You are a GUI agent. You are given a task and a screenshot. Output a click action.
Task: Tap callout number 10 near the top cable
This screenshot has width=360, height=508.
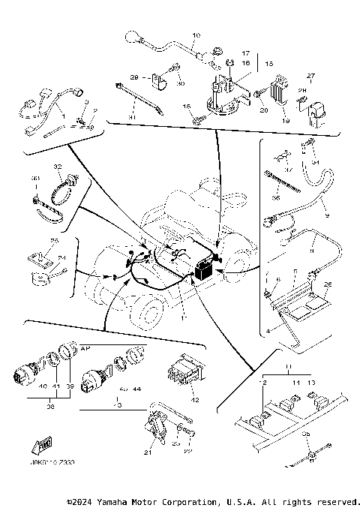click(x=196, y=36)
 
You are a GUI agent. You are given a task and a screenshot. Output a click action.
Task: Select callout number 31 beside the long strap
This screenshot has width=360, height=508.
click(x=131, y=116)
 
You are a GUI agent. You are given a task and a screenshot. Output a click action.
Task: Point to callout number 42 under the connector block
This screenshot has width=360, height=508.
click(x=196, y=400)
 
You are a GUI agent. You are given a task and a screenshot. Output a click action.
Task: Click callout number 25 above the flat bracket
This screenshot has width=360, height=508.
click(x=53, y=241)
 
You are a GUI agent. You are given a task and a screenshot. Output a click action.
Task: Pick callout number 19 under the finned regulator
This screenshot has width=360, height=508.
click(x=286, y=119)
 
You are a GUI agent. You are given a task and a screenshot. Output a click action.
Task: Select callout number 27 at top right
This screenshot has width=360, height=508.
click(x=311, y=75)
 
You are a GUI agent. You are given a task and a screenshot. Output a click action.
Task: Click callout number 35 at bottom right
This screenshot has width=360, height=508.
click(x=304, y=434)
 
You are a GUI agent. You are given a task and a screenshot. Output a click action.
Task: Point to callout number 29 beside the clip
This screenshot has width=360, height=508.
click(x=136, y=77)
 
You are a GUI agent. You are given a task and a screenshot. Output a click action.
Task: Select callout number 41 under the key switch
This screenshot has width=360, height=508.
click(x=55, y=386)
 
